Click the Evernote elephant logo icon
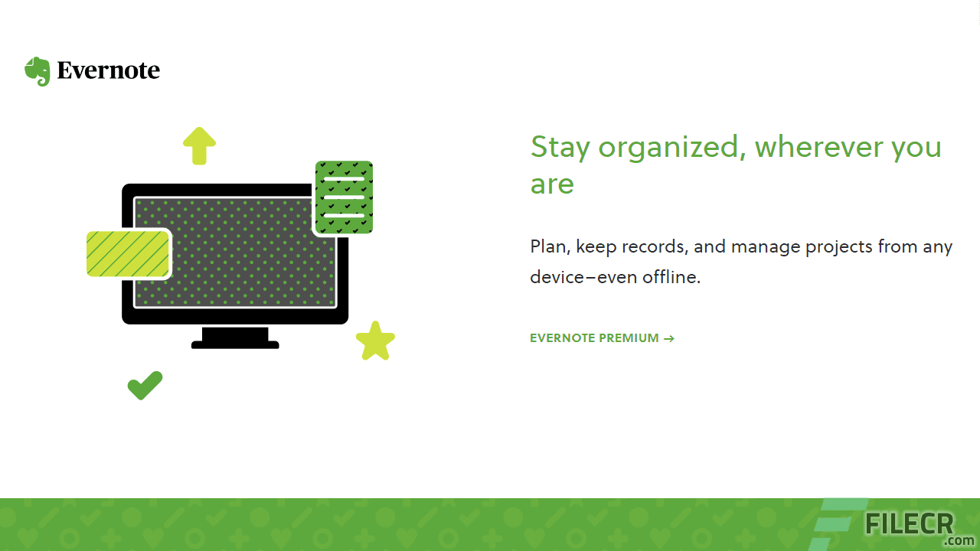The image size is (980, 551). (x=37, y=71)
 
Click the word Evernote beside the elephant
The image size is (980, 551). (x=108, y=71)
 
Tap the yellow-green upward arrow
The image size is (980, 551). (x=199, y=145)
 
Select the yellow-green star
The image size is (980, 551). (x=375, y=341)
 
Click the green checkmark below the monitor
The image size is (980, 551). (x=145, y=385)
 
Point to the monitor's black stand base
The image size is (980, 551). (x=235, y=344)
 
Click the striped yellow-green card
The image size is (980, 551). (x=128, y=253)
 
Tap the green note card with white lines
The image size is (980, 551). (x=344, y=197)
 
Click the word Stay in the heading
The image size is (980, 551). (x=559, y=147)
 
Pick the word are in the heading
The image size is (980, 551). (x=552, y=184)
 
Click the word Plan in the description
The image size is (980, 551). (x=548, y=247)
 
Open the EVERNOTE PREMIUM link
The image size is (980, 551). (x=594, y=338)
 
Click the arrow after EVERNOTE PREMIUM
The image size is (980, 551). (x=669, y=338)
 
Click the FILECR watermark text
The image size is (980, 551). (x=909, y=524)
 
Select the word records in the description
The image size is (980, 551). (x=654, y=247)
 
